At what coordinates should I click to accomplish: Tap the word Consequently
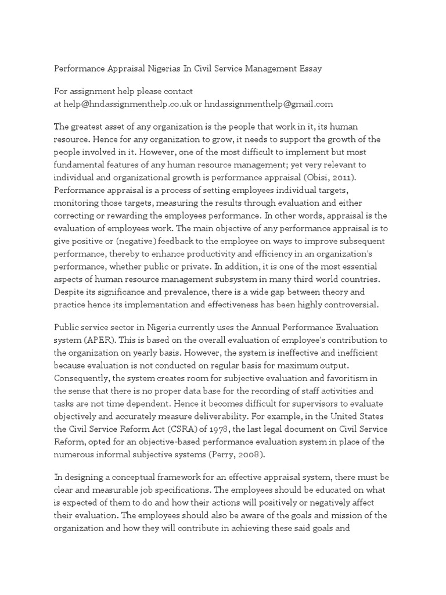81,378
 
